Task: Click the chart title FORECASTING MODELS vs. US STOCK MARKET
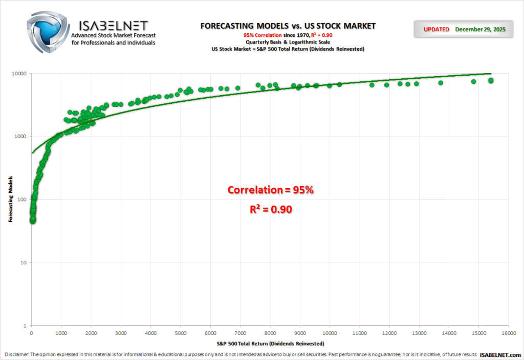point(288,26)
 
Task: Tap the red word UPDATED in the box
point(436,30)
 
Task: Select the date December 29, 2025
point(480,30)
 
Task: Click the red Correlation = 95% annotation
point(270,190)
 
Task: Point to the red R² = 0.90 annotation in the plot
point(271,209)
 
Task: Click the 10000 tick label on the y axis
point(19,73)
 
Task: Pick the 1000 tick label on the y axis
point(21,137)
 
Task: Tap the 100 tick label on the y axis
point(23,199)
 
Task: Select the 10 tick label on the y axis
point(24,263)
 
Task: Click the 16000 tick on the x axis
point(508,333)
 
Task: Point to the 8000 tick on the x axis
point(270,333)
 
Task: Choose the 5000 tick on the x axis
point(181,333)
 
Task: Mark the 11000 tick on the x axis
point(359,333)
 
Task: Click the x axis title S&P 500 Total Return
point(270,343)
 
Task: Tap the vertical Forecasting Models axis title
point(10,199)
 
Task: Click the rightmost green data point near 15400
point(491,80)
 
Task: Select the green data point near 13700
point(440,83)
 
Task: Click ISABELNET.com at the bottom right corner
point(500,354)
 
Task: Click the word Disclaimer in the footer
point(17,354)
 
